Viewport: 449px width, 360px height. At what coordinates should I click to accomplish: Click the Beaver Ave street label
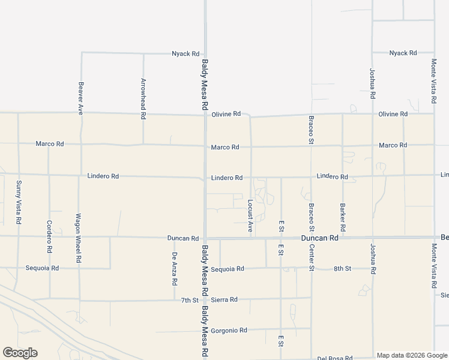[x=80, y=98]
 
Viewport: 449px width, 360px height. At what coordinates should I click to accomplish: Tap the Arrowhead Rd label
[x=143, y=97]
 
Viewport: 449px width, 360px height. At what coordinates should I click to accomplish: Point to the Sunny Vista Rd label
[x=19, y=202]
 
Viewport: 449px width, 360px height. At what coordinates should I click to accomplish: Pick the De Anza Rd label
[x=174, y=269]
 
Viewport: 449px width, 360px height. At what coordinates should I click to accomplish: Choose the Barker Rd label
[x=342, y=217]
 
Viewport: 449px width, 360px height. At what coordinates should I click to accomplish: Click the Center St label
[x=312, y=256]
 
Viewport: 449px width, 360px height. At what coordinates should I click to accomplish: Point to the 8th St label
[x=342, y=268]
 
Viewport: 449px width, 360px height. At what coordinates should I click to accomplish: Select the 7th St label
[x=190, y=299]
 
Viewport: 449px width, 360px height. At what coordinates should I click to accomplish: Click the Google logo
[x=20, y=353]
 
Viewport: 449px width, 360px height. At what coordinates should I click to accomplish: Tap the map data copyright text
[x=411, y=355]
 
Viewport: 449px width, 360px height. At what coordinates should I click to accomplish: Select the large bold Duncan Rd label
[x=320, y=238]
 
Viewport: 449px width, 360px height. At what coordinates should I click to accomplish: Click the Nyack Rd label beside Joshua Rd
[x=403, y=53]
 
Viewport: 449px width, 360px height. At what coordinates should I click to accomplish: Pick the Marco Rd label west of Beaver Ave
[x=49, y=144]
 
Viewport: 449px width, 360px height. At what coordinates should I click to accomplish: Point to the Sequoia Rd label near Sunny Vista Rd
[x=42, y=268]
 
